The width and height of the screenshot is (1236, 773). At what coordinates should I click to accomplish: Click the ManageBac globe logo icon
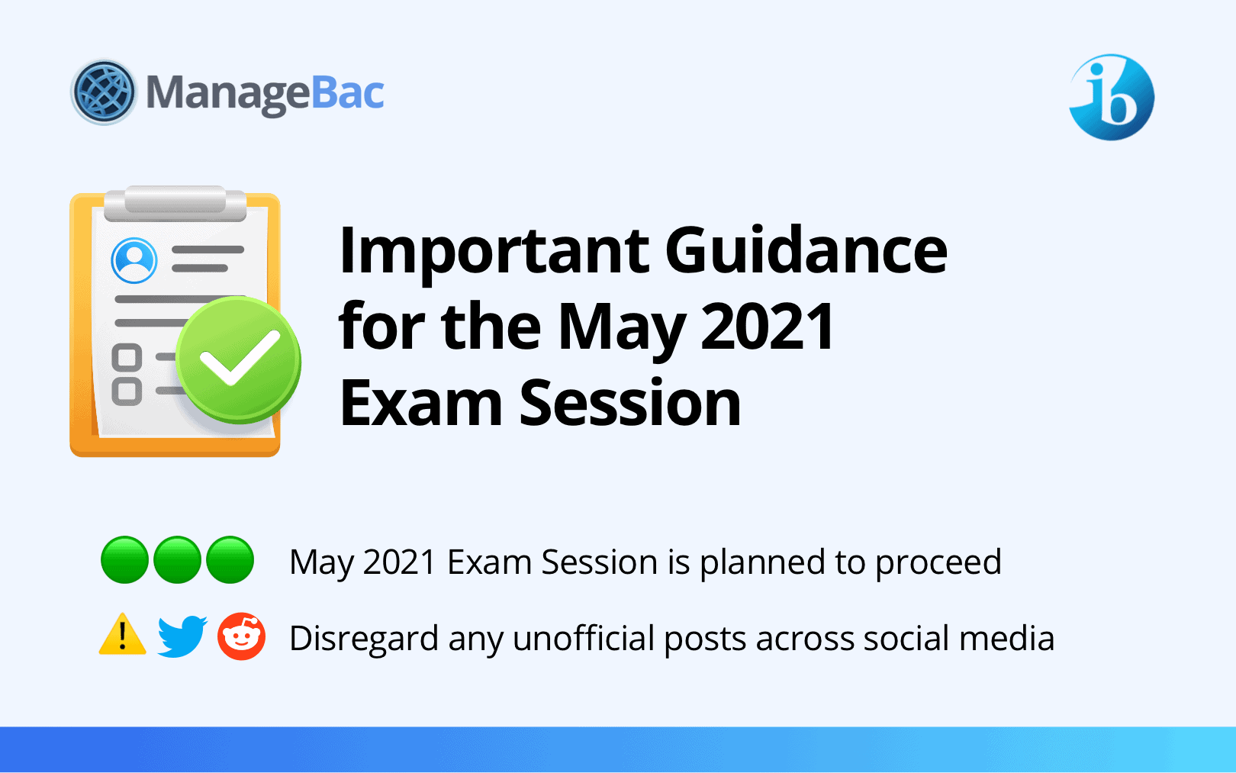pos(103,92)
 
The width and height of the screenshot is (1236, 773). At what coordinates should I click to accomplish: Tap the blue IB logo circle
pos(1112,97)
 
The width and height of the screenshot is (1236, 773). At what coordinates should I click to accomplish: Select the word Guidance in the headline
pos(806,250)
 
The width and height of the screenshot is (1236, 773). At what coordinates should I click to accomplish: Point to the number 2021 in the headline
pos(767,326)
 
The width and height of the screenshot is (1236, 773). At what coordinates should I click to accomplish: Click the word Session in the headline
pos(630,402)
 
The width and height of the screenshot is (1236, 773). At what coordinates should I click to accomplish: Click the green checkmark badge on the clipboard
pos(238,359)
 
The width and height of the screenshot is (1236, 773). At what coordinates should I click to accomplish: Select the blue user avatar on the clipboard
pos(134,260)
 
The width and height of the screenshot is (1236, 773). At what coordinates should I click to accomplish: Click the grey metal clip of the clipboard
pos(175,203)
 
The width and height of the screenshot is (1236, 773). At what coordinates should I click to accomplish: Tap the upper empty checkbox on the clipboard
pos(127,357)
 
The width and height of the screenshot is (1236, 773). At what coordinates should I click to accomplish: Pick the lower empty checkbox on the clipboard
pos(127,391)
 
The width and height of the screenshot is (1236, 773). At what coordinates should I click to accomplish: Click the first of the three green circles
pos(124,559)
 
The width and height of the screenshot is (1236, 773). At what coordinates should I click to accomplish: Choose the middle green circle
pos(177,559)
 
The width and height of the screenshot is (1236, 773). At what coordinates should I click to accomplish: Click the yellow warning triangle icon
pos(123,634)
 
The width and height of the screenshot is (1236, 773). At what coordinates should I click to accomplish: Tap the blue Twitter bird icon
pos(182,636)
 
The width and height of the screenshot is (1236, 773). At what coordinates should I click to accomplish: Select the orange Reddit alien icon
pos(242,636)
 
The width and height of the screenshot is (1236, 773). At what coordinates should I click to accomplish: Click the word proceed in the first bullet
pos(938,564)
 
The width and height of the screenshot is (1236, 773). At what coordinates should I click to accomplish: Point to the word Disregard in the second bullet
pos(364,638)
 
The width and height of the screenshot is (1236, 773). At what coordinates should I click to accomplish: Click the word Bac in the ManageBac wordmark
pos(348,92)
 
